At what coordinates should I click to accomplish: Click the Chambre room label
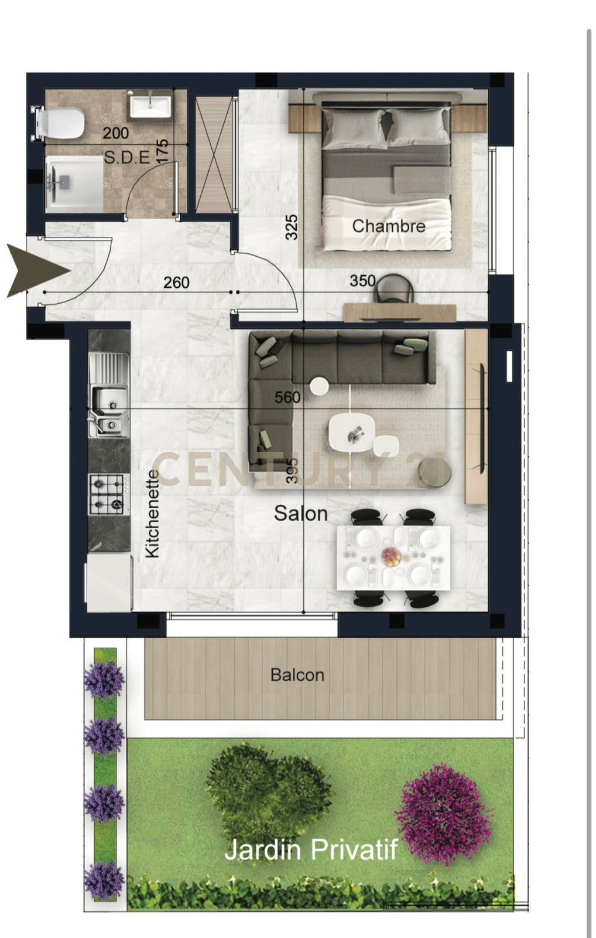(389, 226)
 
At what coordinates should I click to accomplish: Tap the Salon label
(301, 514)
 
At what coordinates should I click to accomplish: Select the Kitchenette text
(152, 514)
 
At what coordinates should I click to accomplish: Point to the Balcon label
(297, 675)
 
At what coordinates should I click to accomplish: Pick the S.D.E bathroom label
(127, 158)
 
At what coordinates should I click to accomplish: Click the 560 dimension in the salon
(287, 397)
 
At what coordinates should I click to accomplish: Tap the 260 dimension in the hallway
(176, 283)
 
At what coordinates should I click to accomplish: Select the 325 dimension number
(292, 227)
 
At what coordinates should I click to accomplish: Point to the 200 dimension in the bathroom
(115, 133)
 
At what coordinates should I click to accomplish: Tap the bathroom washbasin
(150, 106)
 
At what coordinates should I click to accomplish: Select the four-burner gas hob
(106, 495)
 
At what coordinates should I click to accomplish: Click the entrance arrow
(39, 271)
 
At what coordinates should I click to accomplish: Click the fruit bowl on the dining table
(392, 558)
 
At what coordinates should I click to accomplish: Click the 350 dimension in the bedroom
(362, 281)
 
